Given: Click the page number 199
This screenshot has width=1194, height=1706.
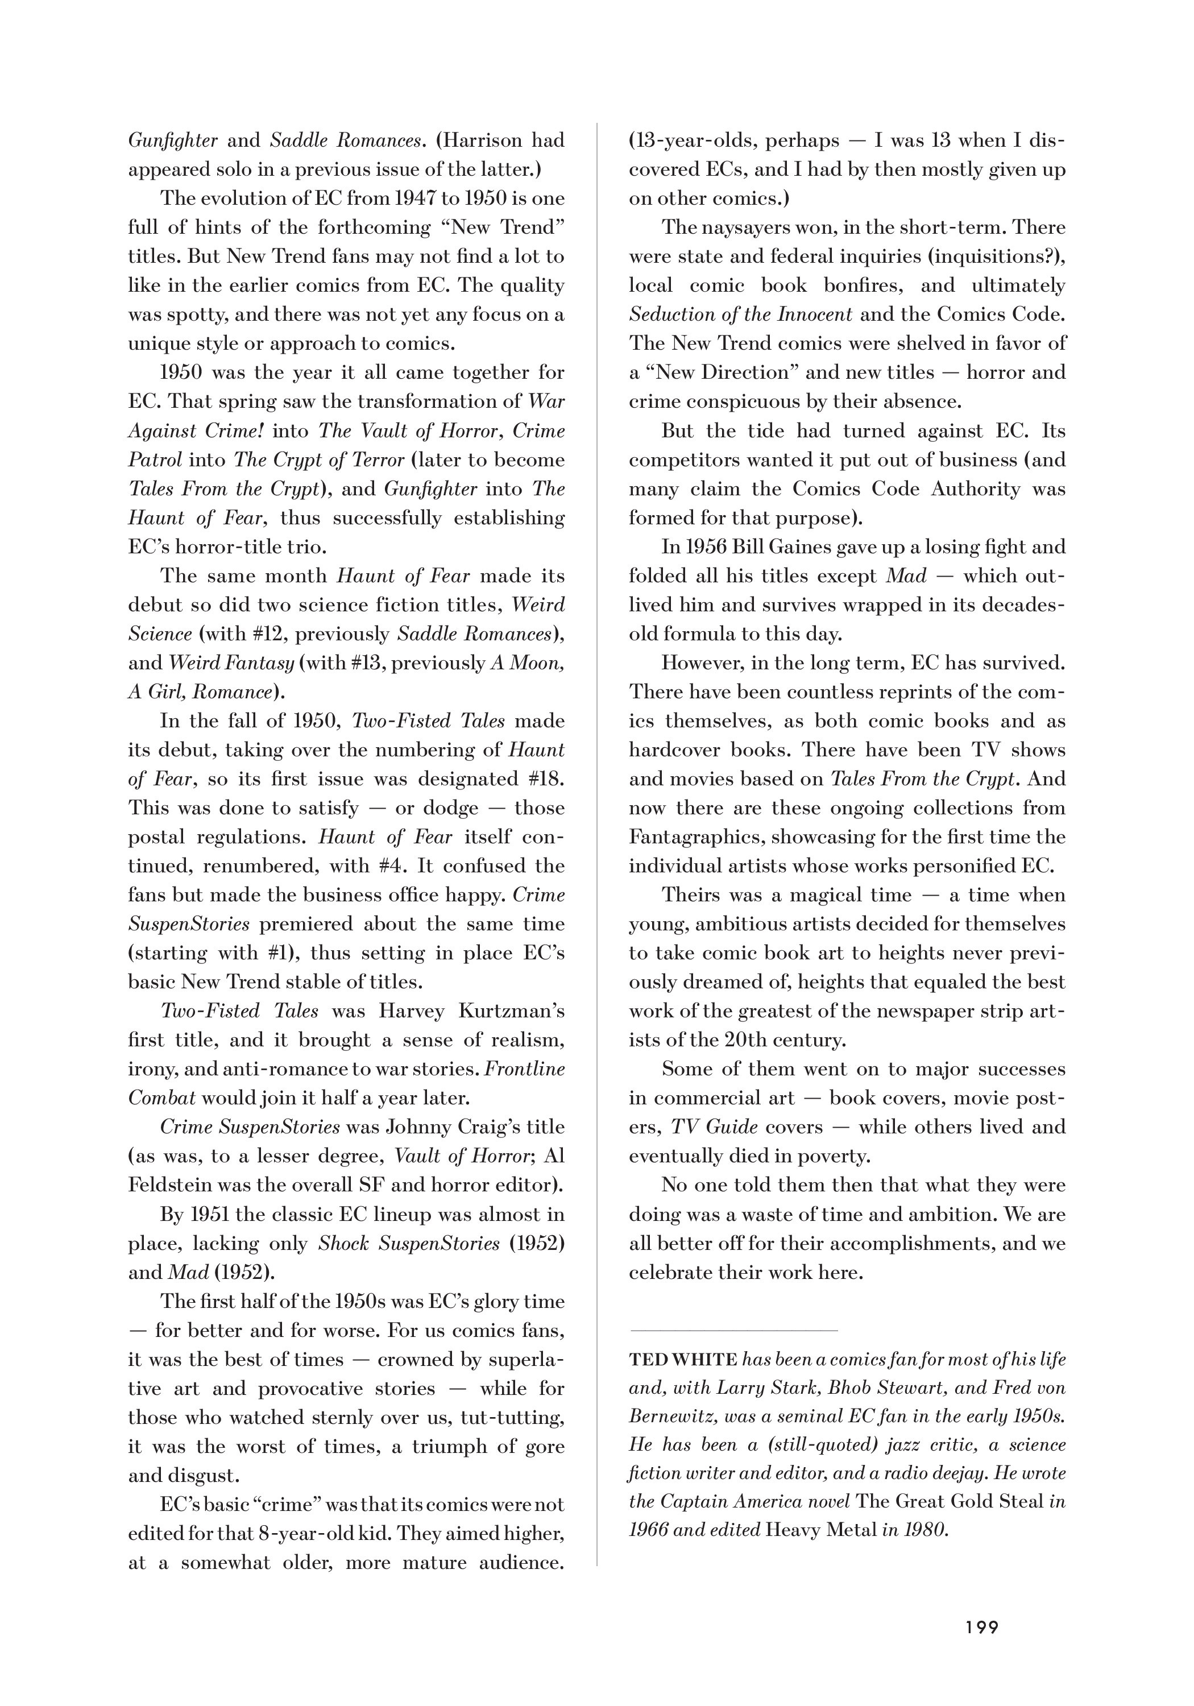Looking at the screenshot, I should tap(981, 1627).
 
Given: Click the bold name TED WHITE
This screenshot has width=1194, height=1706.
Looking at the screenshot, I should tap(682, 1360).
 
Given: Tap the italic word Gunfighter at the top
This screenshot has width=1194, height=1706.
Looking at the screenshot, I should tap(172, 140).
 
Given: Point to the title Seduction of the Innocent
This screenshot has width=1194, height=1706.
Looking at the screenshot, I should tap(740, 314).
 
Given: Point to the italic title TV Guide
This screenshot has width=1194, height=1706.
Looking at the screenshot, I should tap(714, 1127).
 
